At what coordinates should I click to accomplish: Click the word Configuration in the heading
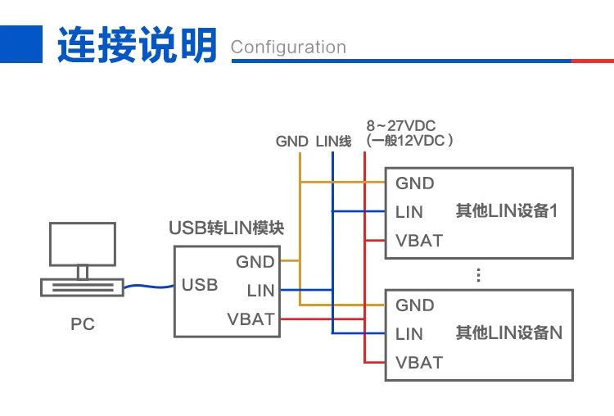pos(288,47)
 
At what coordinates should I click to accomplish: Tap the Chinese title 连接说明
pos(137,44)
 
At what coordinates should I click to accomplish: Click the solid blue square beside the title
pos(21,44)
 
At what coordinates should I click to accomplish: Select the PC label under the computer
pos(83,324)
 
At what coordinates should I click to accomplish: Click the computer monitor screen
pos(83,244)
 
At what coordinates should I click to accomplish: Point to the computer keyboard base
pos(82,287)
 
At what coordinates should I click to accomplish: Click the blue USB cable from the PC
pos(149,287)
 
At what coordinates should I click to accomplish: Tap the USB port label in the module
pos(200,285)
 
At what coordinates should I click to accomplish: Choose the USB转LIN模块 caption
pos(226,228)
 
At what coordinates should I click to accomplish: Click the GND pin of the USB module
pos(255,262)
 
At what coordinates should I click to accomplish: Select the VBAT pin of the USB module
pos(251,319)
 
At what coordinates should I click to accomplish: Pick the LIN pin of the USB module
pos(260,290)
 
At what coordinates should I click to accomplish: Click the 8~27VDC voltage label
pos(400,126)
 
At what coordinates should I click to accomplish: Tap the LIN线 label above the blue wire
pos(334,141)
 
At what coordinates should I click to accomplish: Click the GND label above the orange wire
pos(291,141)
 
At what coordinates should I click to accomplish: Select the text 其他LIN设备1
pos(506,210)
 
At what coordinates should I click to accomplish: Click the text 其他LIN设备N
pos(508,332)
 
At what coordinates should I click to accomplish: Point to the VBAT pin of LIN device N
pos(419,362)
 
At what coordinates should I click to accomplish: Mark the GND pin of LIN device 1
pos(415,183)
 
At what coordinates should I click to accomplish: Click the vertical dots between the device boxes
pos(479,275)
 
